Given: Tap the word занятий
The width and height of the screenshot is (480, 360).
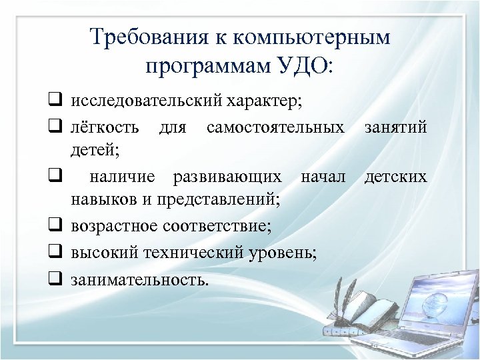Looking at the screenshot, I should [x=396, y=127].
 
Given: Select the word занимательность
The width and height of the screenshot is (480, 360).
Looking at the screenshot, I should [x=140, y=279].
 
